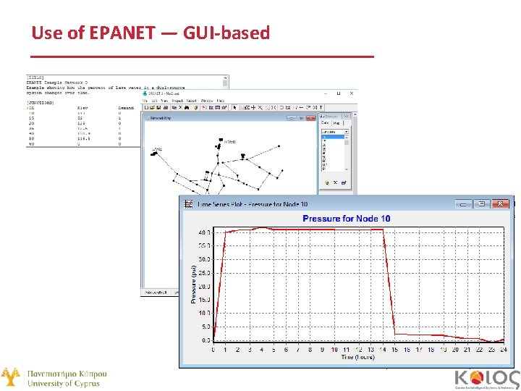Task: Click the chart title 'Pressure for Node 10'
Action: tap(346, 219)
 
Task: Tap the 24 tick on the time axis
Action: tap(502, 350)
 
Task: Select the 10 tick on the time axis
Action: tap(334, 350)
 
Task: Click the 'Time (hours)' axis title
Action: tap(357, 357)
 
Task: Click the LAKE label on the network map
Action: tap(156, 149)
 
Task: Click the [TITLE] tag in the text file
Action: tap(35, 77)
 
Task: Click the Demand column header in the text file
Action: tap(127, 109)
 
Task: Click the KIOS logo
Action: tap(486, 378)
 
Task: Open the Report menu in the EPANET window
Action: tap(191, 101)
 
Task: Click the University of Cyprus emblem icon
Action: tap(10, 377)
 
